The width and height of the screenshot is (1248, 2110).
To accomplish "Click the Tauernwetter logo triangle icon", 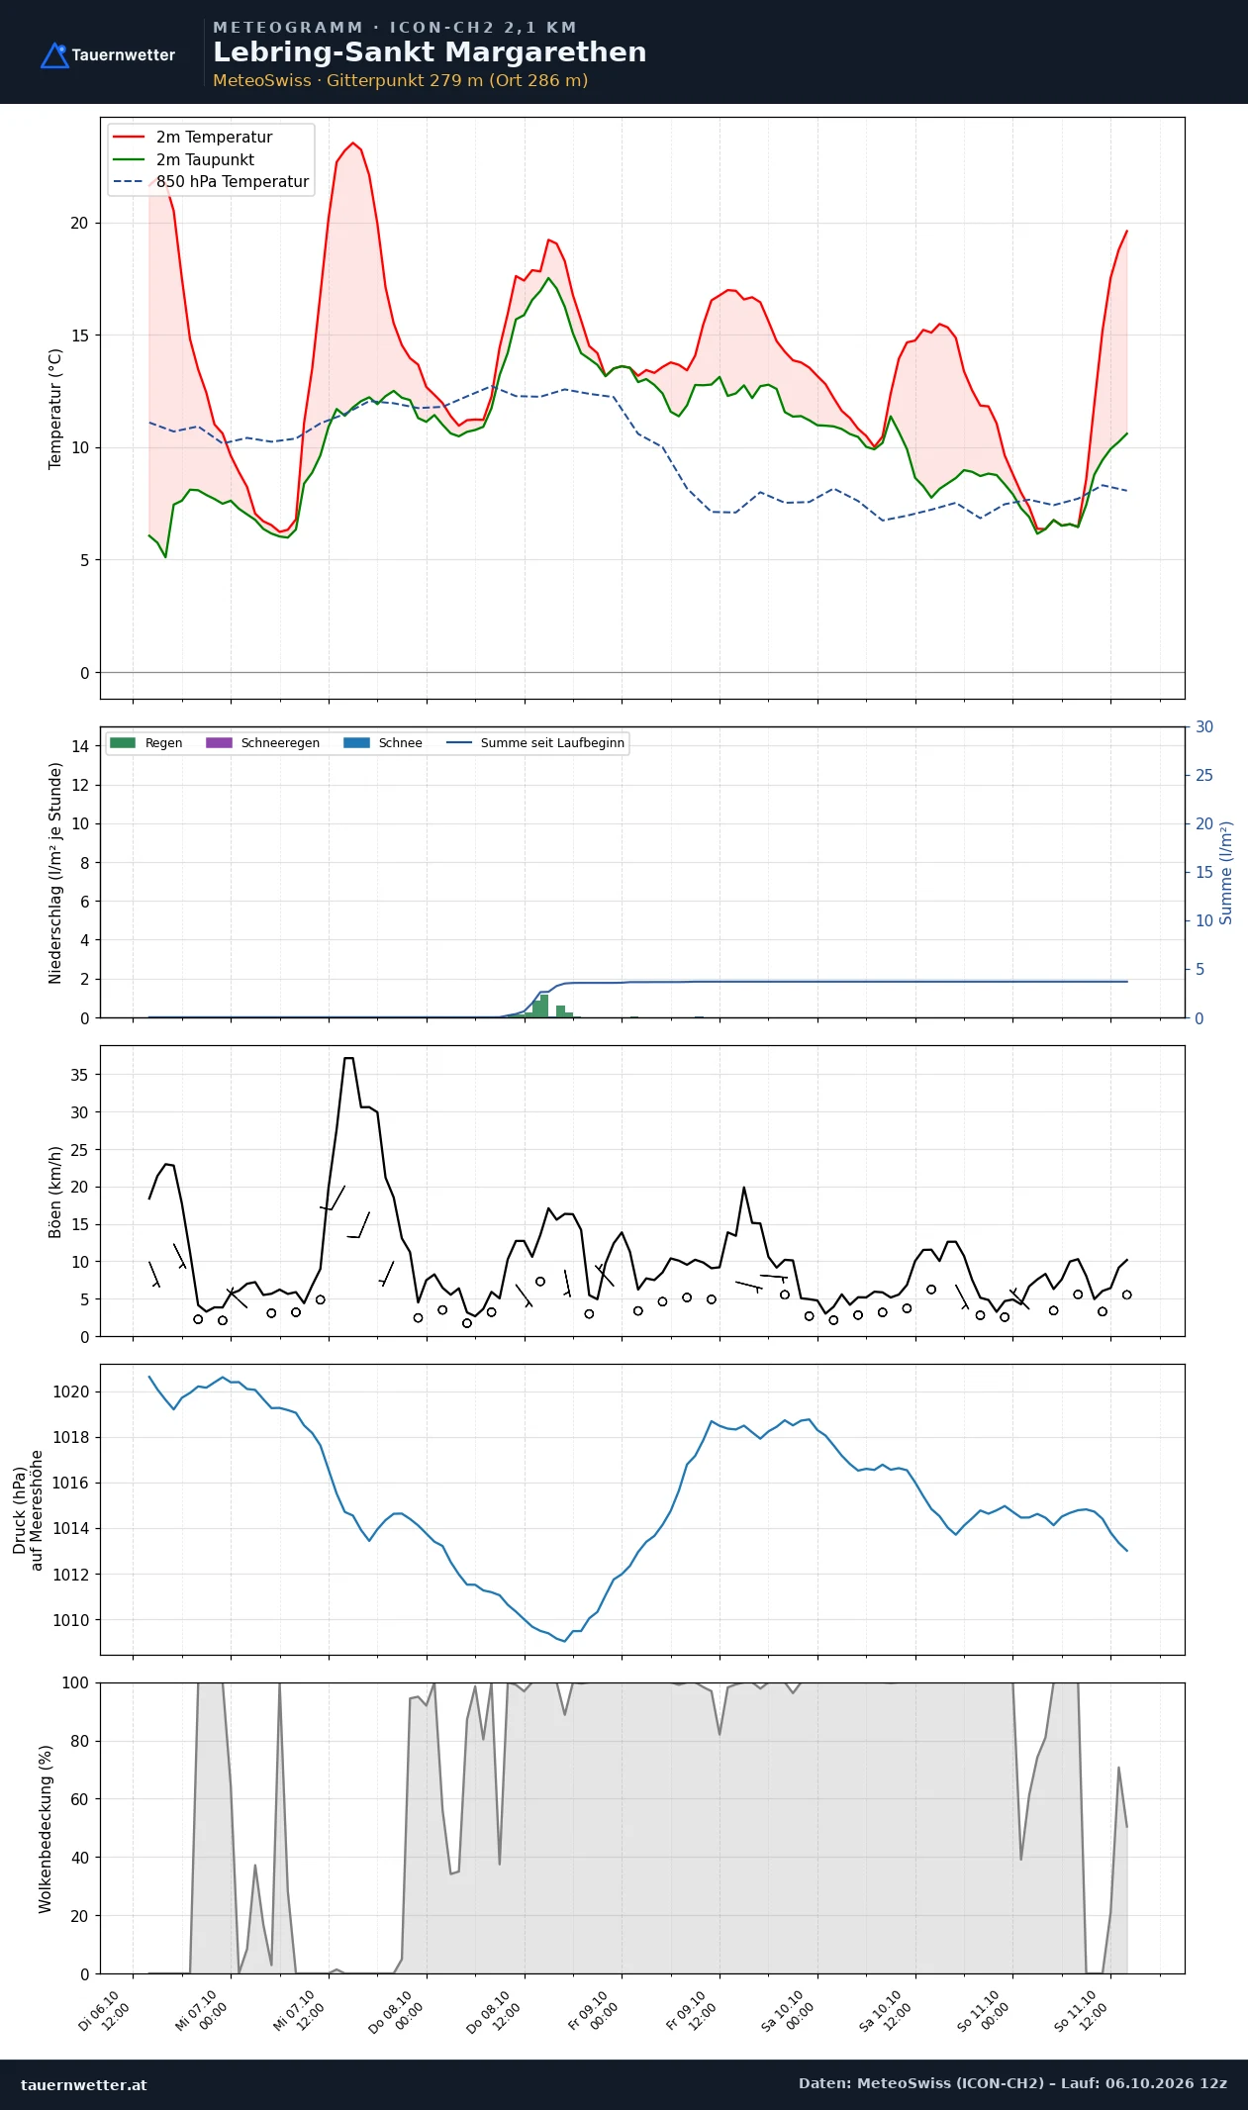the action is click(x=54, y=55).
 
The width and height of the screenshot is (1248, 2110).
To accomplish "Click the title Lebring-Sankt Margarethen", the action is click(x=430, y=52).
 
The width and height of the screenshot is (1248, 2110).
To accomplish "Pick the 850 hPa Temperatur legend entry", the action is click(x=211, y=182).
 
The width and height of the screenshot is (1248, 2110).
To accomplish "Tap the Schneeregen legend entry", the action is click(x=262, y=743).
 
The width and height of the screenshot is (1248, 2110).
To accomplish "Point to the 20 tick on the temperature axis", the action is click(x=79, y=224).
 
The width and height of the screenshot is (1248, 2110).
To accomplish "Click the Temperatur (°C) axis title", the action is click(x=55, y=409).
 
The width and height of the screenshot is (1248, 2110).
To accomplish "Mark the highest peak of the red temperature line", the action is click(x=353, y=143).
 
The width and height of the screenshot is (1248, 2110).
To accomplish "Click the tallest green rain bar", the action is click(x=543, y=1006).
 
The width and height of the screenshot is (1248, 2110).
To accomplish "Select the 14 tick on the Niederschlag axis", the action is click(x=79, y=746).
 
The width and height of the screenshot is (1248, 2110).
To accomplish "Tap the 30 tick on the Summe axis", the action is click(x=1204, y=727).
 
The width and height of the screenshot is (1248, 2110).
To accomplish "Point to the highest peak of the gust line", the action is click(x=348, y=1059).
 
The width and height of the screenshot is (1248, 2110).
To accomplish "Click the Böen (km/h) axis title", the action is click(x=55, y=1193).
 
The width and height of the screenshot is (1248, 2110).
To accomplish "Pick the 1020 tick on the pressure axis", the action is click(x=70, y=1391).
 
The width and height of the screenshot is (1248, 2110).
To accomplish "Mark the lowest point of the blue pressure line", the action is click(x=564, y=1641).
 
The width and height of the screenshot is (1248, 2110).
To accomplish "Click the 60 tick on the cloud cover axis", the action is click(x=79, y=1799).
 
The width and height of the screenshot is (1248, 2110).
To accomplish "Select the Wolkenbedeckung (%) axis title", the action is click(x=46, y=1828).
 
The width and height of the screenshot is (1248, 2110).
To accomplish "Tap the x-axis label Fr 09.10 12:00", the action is click(x=689, y=2010).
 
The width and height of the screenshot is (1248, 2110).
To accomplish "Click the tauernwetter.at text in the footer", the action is click(x=84, y=2084).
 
